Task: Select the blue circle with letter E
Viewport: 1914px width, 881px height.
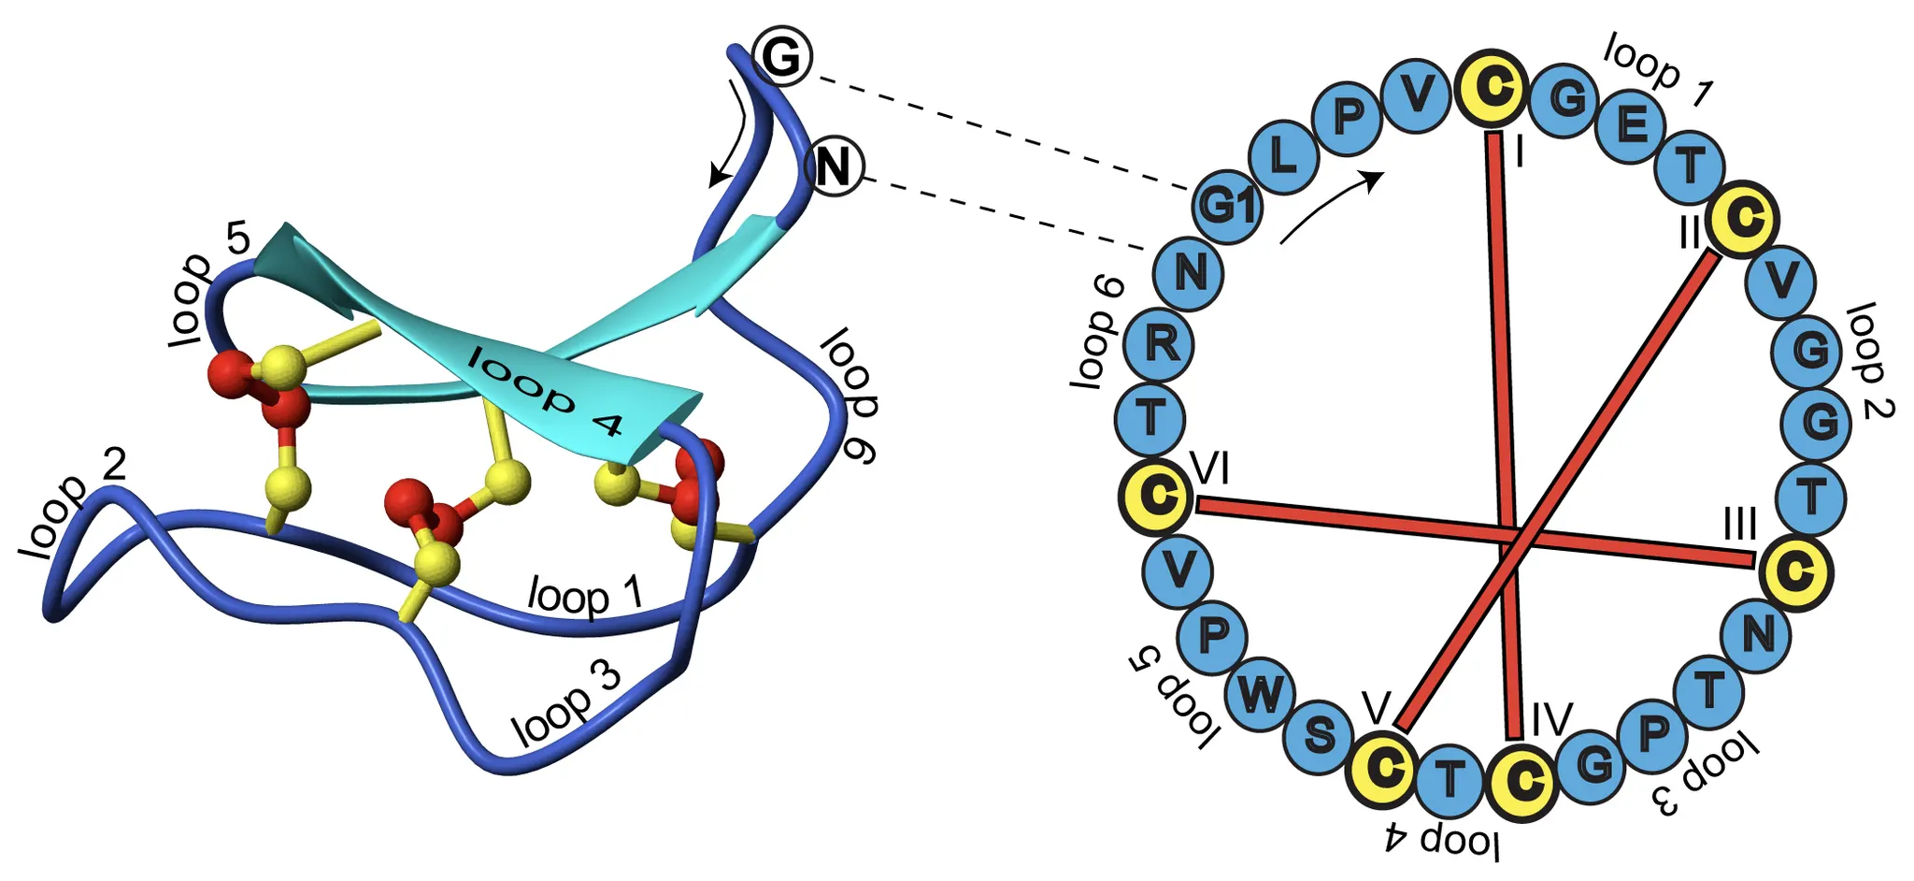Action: [1631, 123]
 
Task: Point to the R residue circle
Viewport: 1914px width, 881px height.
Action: [1160, 344]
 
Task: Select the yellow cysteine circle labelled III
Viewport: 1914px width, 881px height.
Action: [1794, 571]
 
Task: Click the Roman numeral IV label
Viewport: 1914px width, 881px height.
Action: [1551, 721]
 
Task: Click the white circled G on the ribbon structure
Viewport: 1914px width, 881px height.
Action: [781, 58]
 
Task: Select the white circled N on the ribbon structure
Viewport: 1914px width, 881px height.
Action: [834, 168]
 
